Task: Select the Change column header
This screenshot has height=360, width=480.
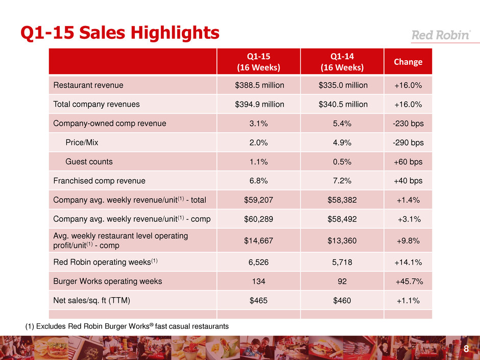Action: [x=407, y=62]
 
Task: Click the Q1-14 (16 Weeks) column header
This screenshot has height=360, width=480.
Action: [x=342, y=62]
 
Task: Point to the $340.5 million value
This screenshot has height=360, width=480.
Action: [x=342, y=104]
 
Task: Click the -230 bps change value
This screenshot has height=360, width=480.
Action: [x=407, y=123]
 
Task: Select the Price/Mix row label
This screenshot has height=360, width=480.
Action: [x=83, y=142]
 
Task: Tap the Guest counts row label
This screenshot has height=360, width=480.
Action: [x=89, y=162]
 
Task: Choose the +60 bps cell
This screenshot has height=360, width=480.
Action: [x=407, y=162]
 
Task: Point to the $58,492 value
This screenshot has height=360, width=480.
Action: [x=342, y=220]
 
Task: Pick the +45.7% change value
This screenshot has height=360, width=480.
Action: [x=407, y=281]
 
